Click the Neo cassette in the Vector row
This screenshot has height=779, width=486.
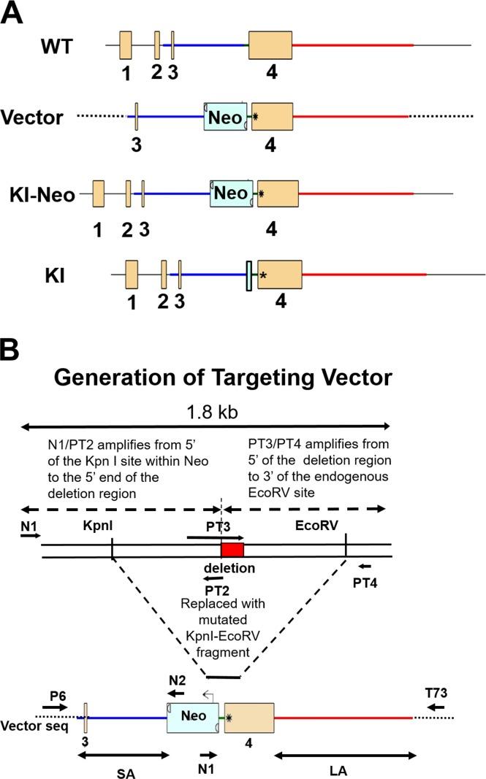coord(226,116)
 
